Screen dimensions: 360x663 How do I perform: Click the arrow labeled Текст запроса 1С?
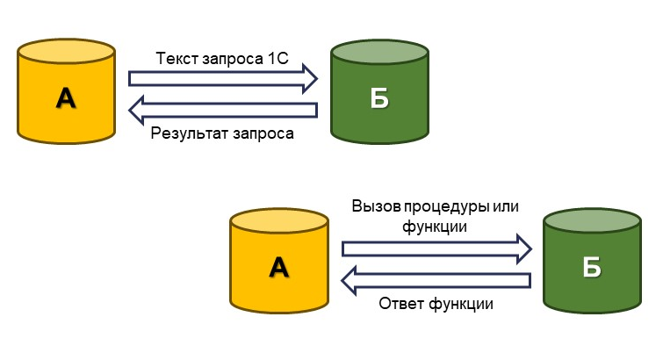pos(220,78)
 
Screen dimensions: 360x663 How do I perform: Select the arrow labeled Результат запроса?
pos(224,110)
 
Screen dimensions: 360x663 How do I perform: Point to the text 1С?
pos(277,59)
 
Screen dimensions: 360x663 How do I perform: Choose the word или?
pos(505,207)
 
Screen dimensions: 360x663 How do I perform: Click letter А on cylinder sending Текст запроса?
pos(66,98)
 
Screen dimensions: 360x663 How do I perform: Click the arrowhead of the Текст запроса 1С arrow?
pos(310,78)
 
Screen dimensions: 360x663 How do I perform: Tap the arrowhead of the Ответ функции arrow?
pos(349,280)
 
